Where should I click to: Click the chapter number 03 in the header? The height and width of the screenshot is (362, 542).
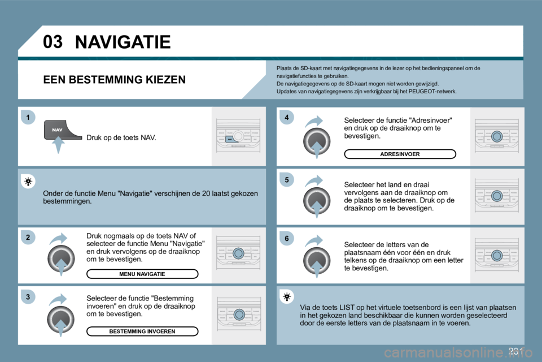(52, 41)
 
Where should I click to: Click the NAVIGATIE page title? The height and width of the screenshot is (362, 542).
(122, 42)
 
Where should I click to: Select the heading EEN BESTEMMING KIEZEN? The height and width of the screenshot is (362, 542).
(114, 80)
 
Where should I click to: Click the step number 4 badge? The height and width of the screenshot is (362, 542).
(287, 117)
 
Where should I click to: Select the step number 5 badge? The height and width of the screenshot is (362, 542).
(287, 180)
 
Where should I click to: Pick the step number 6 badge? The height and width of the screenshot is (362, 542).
(287, 239)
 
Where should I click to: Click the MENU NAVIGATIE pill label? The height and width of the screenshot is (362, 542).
(142, 274)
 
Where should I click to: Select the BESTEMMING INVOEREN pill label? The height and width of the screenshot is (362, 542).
(142, 331)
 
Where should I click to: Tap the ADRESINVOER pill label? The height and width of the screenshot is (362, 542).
(400, 154)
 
